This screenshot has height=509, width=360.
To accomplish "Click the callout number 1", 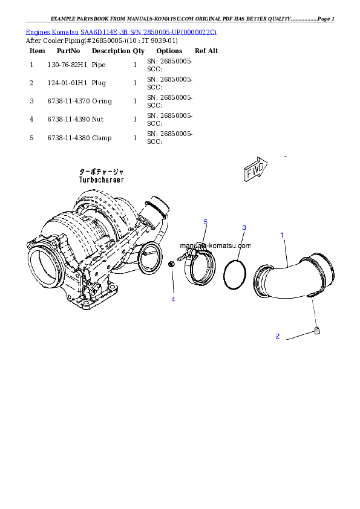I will point(281,234).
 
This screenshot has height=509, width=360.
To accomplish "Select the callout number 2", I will point(278,336).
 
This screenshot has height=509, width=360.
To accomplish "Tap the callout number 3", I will point(244,228).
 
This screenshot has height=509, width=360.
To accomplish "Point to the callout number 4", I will point(173,299).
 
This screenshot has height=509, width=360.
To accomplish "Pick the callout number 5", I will point(205,222).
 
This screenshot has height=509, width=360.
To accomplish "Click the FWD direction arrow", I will point(254,170).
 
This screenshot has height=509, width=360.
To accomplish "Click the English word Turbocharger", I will point(101,180).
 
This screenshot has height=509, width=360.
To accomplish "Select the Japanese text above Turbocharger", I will point(101,172).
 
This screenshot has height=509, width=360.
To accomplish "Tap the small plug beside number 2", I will point(316,329).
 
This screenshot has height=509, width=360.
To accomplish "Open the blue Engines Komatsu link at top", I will point(121,31).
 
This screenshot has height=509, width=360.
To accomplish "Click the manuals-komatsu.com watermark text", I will point(215,246).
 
